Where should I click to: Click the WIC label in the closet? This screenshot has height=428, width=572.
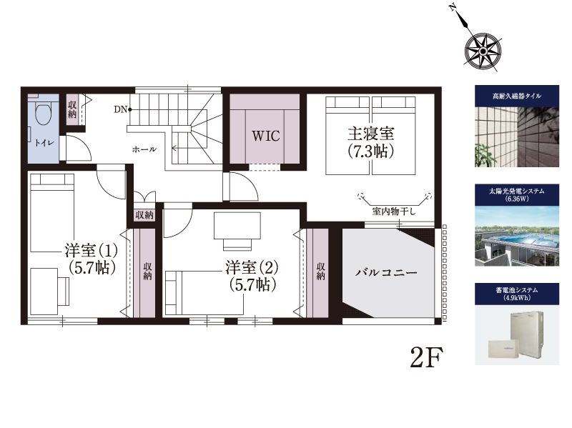point(266,136)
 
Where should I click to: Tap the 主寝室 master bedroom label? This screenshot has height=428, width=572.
point(370,134)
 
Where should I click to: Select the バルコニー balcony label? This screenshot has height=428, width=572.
point(387,273)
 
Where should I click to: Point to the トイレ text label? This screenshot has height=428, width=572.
point(44,142)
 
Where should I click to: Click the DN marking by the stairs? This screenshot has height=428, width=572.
point(120,109)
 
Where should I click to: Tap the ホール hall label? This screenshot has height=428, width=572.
point(144,149)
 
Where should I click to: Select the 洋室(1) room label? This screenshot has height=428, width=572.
point(92,251)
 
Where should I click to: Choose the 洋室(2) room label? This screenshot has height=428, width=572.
point(252,268)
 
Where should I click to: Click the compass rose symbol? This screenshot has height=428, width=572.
point(482,51)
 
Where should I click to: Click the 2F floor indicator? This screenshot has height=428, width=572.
point(426,357)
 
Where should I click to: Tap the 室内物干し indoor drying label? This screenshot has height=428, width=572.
point(394,211)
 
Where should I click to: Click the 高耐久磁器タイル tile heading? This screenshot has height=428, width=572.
point(516,96)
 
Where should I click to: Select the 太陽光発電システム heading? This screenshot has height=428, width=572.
point(516,191)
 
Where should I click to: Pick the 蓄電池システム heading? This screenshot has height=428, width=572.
point(516,290)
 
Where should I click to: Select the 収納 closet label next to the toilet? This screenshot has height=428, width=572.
point(72,109)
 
